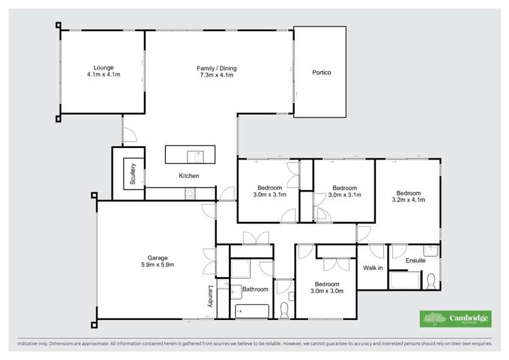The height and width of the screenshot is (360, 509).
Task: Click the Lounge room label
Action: [x=103, y=67]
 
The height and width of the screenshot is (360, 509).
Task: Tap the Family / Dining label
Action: [x=217, y=67]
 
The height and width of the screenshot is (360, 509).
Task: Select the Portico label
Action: [x=321, y=73]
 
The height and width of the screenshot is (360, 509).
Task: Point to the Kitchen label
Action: [x=189, y=176]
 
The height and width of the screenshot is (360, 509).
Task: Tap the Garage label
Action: [x=158, y=257]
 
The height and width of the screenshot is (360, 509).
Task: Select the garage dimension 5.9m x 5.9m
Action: [x=158, y=265]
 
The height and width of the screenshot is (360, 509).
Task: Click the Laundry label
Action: [x=211, y=295]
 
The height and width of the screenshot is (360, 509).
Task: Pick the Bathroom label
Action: [x=256, y=289]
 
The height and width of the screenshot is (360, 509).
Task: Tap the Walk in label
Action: [x=372, y=268]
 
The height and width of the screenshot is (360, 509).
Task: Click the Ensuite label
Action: [x=415, y=260]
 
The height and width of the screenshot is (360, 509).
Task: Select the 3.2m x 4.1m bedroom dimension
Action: [x=408, y=200]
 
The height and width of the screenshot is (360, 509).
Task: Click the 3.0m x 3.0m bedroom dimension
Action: [x=327, y=291]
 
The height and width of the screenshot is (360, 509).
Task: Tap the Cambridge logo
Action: [x=457, y=319]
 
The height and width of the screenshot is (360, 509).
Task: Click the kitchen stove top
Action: [x=190, y=194]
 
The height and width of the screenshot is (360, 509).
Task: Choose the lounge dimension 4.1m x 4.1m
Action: [x=103, y=75]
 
